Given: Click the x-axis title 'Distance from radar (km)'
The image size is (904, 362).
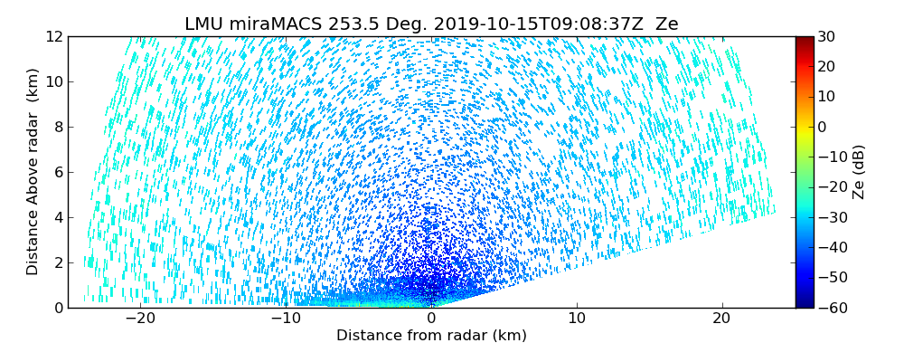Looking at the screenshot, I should [431, 336].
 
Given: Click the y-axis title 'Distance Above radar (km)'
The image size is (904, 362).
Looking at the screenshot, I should [33, 172].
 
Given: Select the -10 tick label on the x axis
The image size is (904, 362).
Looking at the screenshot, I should [286, 319].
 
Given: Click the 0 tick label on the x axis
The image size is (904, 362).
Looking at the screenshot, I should [431, 319].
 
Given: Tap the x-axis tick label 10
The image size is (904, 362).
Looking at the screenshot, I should [577, 319].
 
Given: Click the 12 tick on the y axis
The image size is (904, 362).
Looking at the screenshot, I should [54, 36].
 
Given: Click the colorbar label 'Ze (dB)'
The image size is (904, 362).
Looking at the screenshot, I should [859, 172].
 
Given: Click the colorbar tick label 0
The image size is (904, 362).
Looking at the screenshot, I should [824, 127].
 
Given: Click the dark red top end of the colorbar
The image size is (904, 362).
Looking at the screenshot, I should [805, 40].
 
